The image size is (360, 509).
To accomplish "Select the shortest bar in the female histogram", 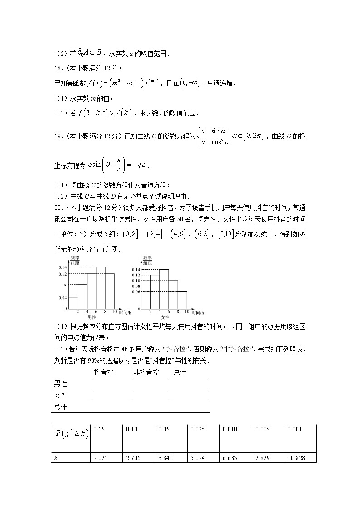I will pyautogui.click(x=182, y=300).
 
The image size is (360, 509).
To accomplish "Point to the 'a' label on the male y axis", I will pyautogui.click(x=65, y=285).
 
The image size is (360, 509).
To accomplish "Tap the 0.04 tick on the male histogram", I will pyautogui.click(x=63, y=297).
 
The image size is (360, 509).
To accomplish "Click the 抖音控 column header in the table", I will pyautogui.click(x=104, y=372).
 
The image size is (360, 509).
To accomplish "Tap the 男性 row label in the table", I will pyautogui.click(x=60, y=384).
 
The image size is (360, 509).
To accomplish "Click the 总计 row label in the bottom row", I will pyautogui.click(x=60, y=407).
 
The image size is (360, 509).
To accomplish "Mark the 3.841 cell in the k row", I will pyautogui.click(x=165, y=458).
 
